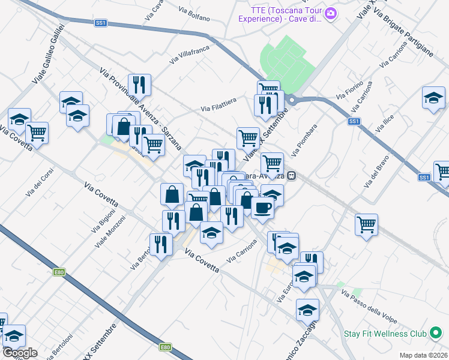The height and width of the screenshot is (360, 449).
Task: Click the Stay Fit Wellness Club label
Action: pyautogui.click(x=385, y=334)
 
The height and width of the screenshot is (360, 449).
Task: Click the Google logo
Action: pyautogui.click(x=20, y=353)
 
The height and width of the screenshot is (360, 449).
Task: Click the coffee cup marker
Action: pyautogui.click(x=262, y=208)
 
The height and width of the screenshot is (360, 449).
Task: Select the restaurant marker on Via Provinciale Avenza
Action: pyautogui.click(x=139, y=84)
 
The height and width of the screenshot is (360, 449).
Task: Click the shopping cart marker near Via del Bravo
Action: pyautogui.click(x=366, y=225)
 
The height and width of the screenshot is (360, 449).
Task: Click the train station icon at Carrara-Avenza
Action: pyautogui.click(x=292, y=176)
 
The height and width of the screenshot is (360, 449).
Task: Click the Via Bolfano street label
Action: pyautogui.click(x=194, y=14)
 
